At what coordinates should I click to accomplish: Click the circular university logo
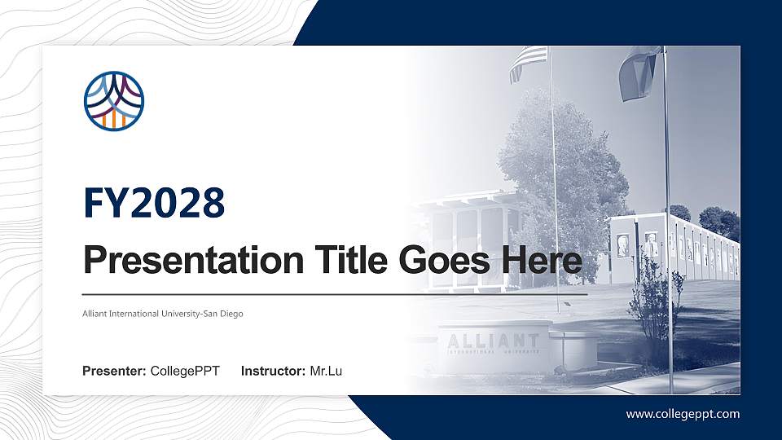click(x=113, y=101)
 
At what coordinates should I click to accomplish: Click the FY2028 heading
click(x=154, y=203)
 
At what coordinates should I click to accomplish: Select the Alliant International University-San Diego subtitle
click(x=163, y=313)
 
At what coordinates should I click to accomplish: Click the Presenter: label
click(x=114, y=372)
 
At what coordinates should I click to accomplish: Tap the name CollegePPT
click(x=185, y=372)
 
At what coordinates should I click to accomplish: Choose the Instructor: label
click(x=274, y=372)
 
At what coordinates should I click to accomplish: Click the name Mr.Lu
click(x=326, y=372)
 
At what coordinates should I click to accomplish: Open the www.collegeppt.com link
click(x=683, y=414)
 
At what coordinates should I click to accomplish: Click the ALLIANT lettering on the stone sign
click(x=493, y=341)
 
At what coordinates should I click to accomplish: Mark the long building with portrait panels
click(x=676, y=249)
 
